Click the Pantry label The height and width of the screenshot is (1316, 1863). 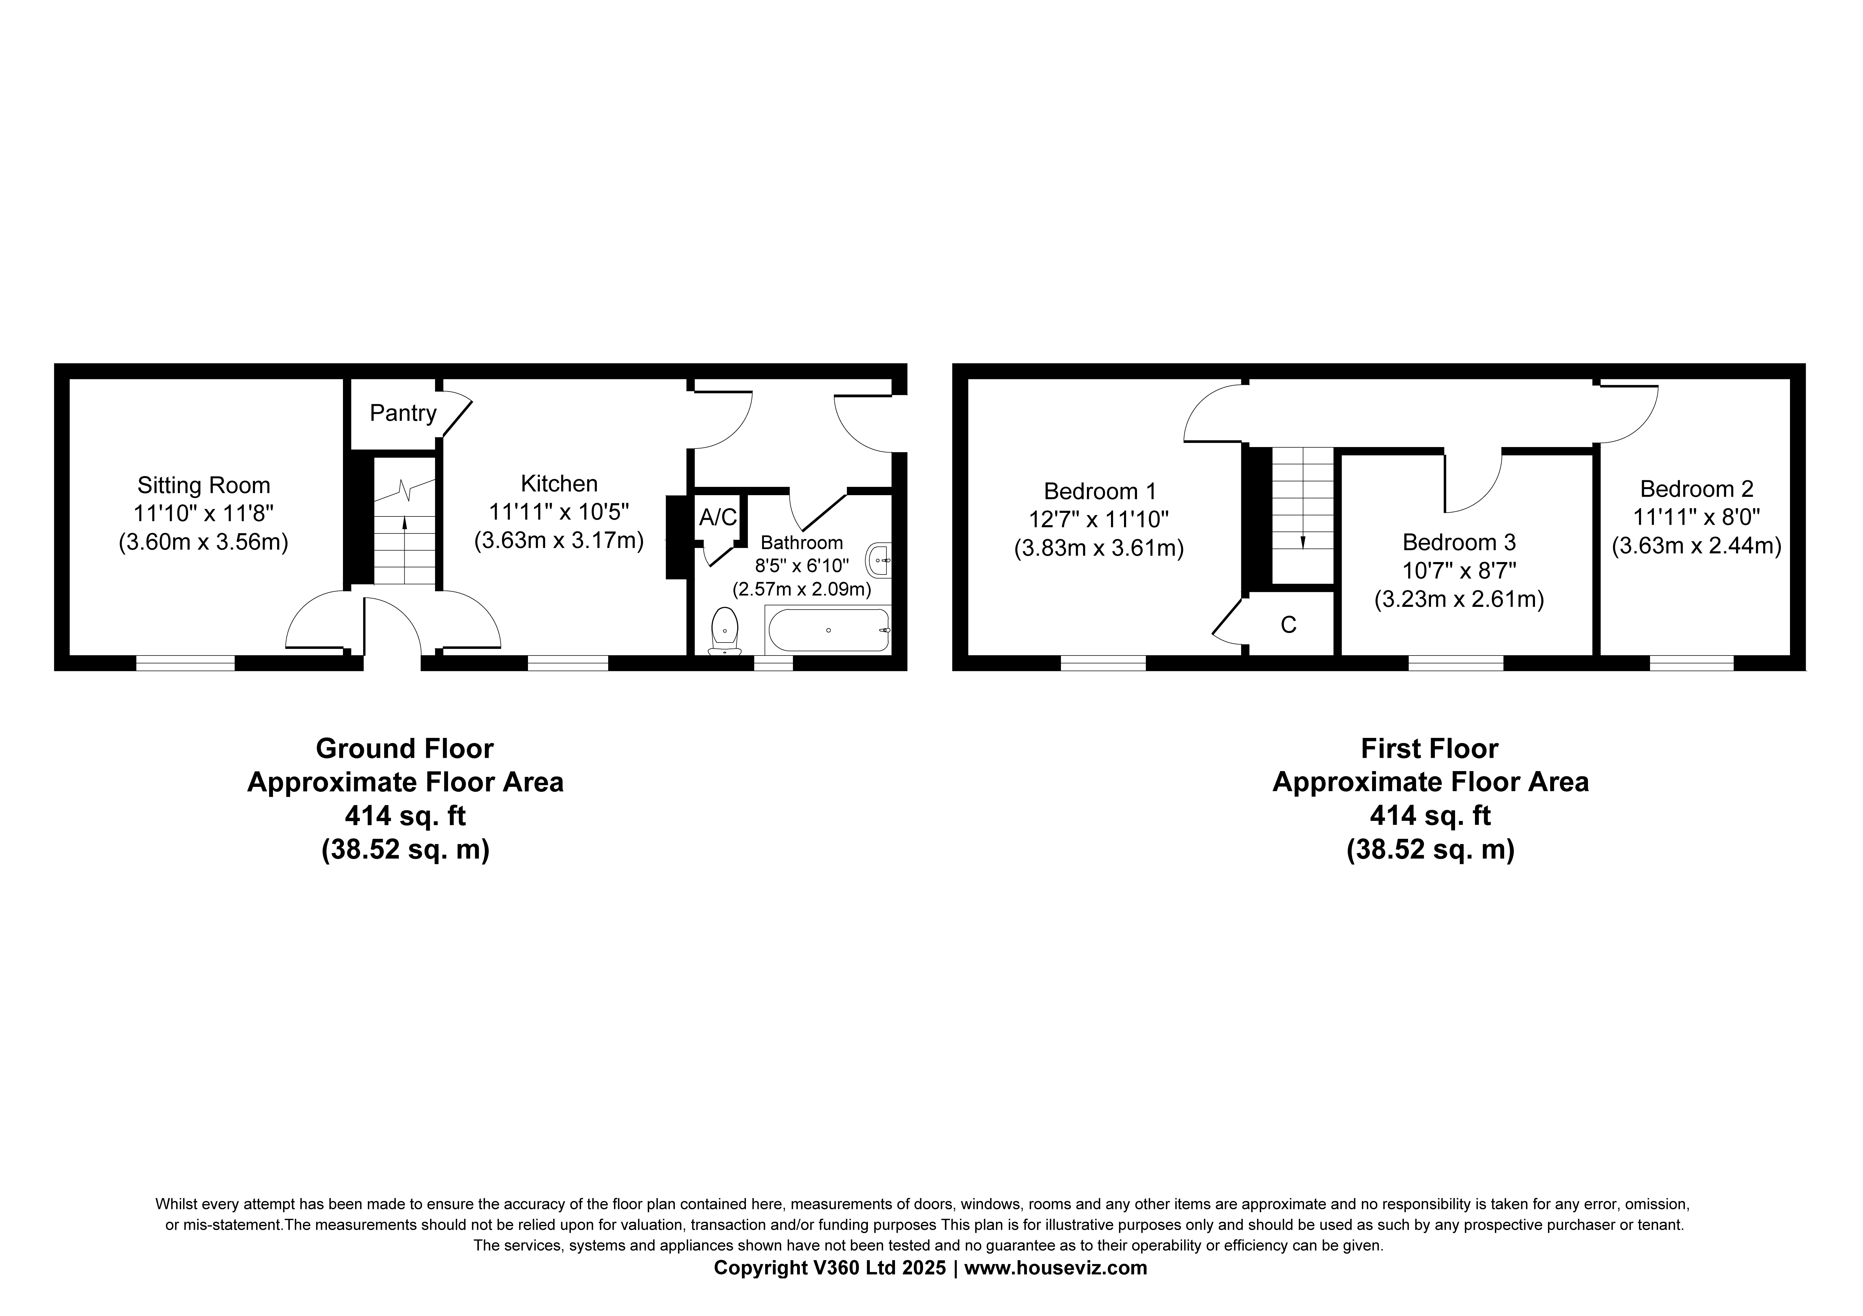point(403,414)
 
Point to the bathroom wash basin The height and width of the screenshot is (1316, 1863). point(880,560)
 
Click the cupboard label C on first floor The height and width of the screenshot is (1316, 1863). point(1289,625)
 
